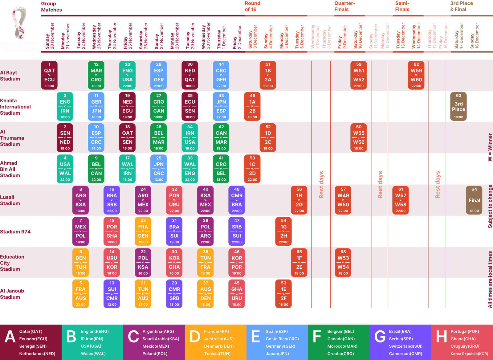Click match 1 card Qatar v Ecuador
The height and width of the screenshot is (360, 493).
coord(49,75)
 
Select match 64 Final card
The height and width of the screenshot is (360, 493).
coord(474,200)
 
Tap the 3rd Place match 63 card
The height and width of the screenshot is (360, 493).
coord(458,106)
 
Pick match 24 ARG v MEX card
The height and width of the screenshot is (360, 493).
coord(143,200)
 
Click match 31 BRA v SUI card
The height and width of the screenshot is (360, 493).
coord(174,231)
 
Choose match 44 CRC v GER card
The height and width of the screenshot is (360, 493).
coord(221,75)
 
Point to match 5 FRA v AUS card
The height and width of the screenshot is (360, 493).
coord(81,294)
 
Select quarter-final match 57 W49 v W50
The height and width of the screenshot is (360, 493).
coord(343,200)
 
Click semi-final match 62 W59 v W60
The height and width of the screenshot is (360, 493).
coord(416,75)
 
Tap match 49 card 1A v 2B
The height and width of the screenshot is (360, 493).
coord(252,106)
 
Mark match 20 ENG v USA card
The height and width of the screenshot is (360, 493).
coord(128,75)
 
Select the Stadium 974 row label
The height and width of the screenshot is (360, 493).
coord(15,232)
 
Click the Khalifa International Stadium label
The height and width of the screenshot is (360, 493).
coord(15,107)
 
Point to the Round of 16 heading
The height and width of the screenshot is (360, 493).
coord(252,6)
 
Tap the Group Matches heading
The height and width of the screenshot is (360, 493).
coord(51,6)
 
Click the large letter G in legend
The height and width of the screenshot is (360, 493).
coord(380,337)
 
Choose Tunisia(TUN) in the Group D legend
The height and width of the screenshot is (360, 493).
coord(217,354)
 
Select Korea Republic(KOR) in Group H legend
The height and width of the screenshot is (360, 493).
coord(469,354)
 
